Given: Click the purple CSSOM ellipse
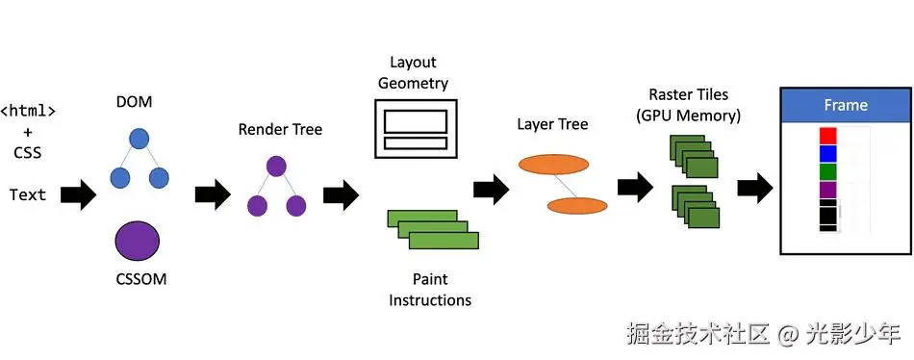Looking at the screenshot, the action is (x=138, y=242).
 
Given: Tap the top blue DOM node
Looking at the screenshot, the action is (x=139, y=139).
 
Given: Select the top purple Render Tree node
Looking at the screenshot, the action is (x=276, y=167).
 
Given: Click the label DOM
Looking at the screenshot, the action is (x=135, y=102).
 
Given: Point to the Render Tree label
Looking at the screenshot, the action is (x=280, y=130).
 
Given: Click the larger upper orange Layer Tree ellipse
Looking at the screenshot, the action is (x=553, y=165).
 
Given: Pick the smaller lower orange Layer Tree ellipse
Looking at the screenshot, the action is (x=577, y=205).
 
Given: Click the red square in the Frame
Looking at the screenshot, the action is (x=827, y=136).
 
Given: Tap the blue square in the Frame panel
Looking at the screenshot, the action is (x=827, y=153).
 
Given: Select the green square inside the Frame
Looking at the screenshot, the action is (x=827, y=171).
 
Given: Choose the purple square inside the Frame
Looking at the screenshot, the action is (x=827, y=190).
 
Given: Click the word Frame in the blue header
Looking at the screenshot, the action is (x=846, y=106).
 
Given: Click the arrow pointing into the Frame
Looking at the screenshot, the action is (x=755, y=188).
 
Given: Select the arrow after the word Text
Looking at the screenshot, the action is (x=79, y=194).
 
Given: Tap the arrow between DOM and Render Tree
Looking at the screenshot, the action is (x=214, y=194).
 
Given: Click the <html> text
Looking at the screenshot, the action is (x=28, y=111).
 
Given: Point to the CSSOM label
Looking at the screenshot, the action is (x=141, y=279).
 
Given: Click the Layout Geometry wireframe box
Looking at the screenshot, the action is (x=415, y=128).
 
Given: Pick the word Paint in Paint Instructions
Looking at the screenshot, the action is (x=430, y=279).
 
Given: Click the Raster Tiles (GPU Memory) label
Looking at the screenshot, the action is (x=689, y=105).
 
